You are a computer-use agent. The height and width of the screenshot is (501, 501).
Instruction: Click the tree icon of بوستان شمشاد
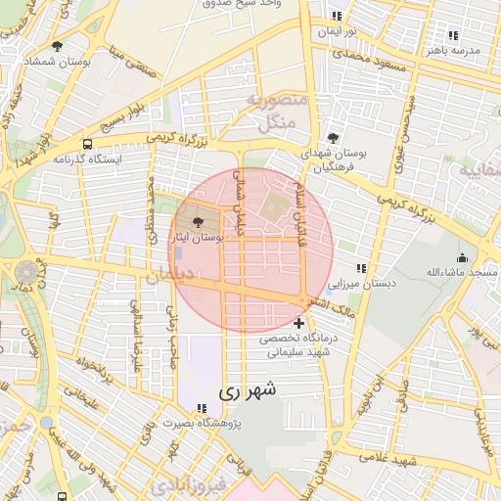59,46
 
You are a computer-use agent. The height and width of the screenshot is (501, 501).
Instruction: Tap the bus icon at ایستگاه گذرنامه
88,144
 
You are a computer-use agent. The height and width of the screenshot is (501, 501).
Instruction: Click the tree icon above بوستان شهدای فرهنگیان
334,138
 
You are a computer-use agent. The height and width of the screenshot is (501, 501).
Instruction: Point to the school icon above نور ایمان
338,17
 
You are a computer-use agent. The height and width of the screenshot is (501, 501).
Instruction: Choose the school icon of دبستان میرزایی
361,268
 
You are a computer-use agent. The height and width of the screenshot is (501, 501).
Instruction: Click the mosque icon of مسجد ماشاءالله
461,257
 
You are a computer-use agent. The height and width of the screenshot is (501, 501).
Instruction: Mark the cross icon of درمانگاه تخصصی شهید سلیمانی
298,323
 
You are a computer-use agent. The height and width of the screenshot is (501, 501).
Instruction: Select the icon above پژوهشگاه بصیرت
202,408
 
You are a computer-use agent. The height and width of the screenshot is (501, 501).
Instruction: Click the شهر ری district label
250,390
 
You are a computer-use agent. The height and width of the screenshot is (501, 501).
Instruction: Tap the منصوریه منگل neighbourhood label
279,113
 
